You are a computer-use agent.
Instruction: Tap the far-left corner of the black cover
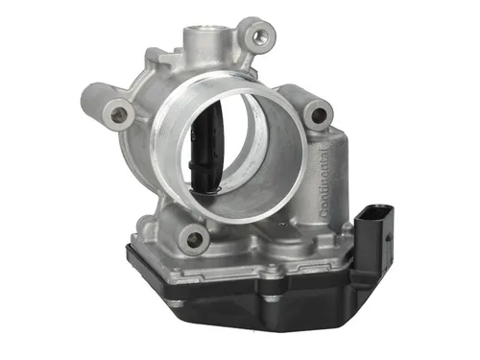pos(129,249)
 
